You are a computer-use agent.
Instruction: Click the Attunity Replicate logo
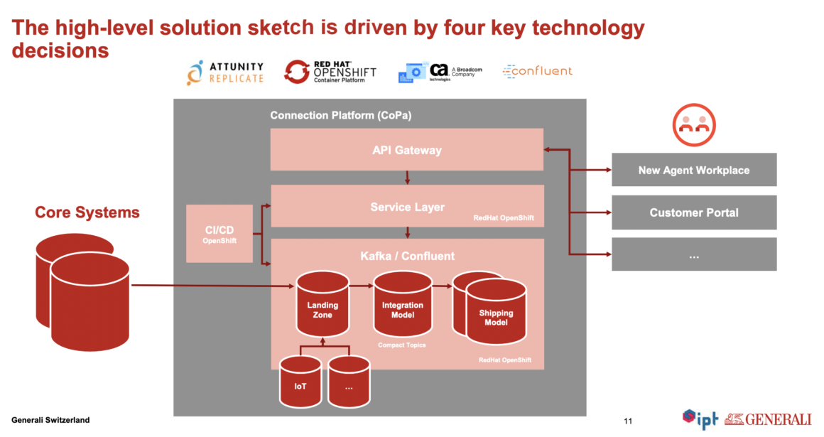225,72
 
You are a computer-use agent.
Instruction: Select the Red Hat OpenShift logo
330,72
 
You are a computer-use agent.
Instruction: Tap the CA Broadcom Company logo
440,72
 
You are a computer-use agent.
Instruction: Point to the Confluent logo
537,71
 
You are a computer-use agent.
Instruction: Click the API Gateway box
406,150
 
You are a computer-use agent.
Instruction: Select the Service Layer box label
407,207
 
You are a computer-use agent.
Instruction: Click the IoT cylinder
300,386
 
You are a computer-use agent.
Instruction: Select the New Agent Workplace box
693,170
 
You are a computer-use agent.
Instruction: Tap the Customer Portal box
693,212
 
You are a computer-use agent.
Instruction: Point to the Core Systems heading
87,212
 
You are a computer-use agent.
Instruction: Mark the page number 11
627,420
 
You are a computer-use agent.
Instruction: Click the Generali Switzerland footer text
50,420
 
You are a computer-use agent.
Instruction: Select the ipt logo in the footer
700,419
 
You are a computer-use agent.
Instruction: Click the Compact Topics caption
401,345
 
